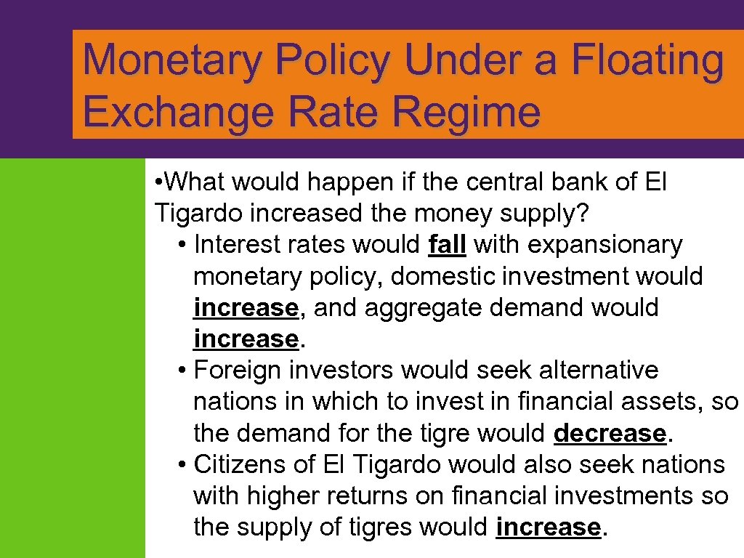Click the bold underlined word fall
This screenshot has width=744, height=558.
pos(447,245)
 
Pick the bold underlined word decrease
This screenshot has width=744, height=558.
pos(610,433)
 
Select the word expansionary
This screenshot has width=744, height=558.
pos(604,245)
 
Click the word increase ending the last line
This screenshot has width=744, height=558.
pos(548,527)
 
